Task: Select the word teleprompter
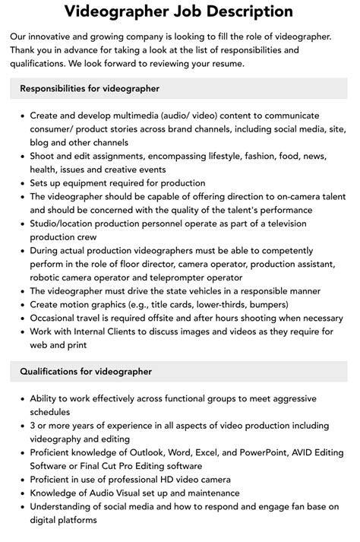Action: (185, 277)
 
